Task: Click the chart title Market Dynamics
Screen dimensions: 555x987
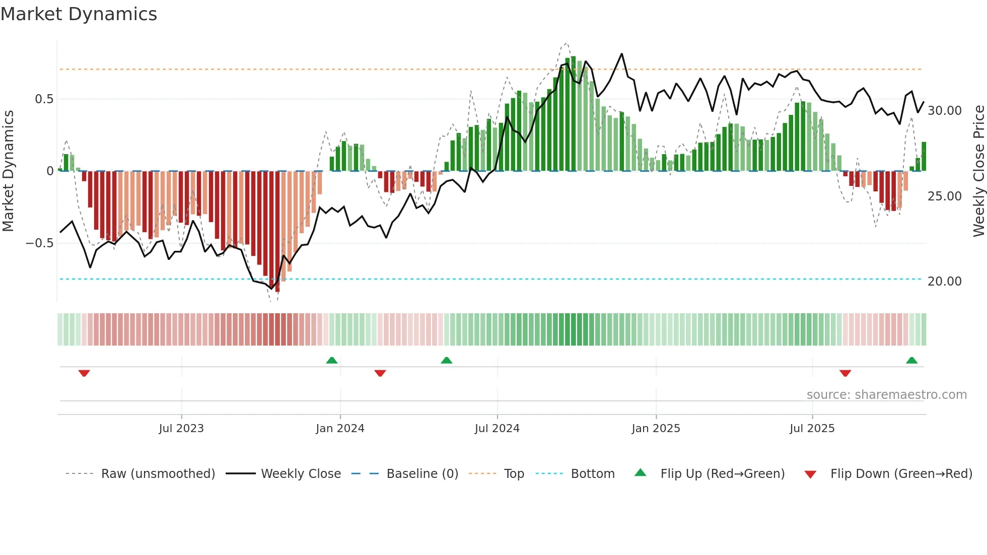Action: (x=79, y=14)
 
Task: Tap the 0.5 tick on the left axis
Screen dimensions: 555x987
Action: (x=44, y=99)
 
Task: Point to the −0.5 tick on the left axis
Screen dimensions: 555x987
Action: (x=39, y=243)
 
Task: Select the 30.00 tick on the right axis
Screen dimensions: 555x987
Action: (x=944, y=111)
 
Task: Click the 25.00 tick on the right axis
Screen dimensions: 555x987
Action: (x=944, y=196)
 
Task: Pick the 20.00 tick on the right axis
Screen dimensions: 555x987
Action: (x=944, y=282)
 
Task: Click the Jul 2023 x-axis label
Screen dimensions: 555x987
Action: (x=181, y=429)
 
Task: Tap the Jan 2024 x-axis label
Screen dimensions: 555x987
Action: (x=340, y=429)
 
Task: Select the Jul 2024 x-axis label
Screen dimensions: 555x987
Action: (x=497, y=429)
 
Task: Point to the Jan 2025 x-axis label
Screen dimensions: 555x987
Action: (x=656, y=429)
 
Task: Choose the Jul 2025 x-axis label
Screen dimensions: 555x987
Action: (x=812, y=429)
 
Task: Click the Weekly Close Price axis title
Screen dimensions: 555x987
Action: (x=978, y=171)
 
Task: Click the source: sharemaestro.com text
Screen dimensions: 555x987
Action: (x=886, y=395)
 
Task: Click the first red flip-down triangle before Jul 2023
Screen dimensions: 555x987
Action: (x=84, y=373)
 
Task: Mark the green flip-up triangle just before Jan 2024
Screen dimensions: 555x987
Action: (x=331, y=360)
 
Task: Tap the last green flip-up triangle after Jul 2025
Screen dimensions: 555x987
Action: (x=911, y=360)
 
